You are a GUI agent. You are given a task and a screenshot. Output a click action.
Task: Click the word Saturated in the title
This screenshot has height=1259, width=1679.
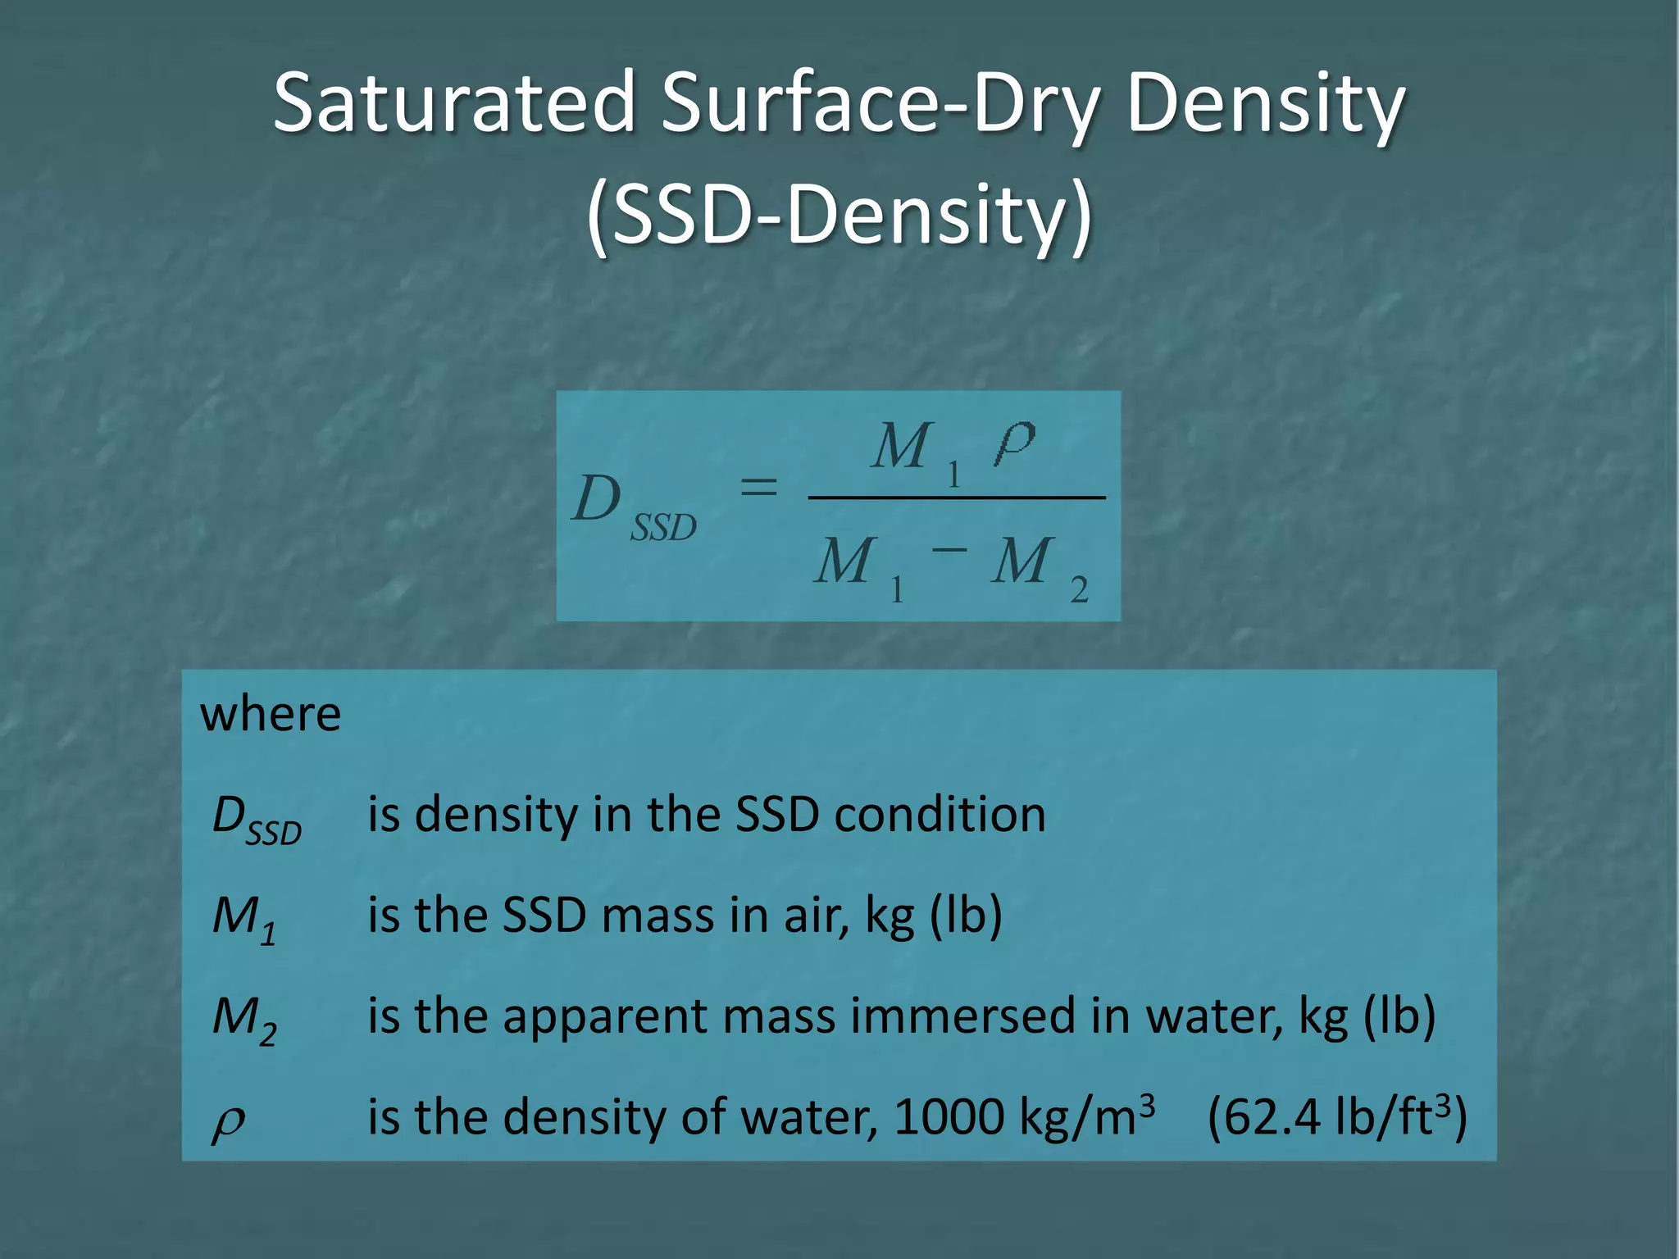coord(453,102)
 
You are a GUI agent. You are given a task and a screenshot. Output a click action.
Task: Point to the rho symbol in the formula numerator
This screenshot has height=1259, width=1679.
coord(1014,443)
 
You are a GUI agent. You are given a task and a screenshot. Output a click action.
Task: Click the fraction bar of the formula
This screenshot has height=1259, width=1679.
coord(956,498)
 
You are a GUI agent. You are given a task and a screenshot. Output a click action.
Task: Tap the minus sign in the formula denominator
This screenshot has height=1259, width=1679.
coord(949,549)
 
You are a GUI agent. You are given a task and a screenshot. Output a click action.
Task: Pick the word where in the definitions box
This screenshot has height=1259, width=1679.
coord(271,714)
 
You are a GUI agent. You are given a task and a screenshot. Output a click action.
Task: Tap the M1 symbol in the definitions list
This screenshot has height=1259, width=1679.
coord(243,919)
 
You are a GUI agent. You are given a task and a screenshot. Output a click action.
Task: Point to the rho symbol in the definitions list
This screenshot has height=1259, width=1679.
coord(228,1122)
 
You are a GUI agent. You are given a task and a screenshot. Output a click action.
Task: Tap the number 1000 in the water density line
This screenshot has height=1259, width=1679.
coord(949,1117)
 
